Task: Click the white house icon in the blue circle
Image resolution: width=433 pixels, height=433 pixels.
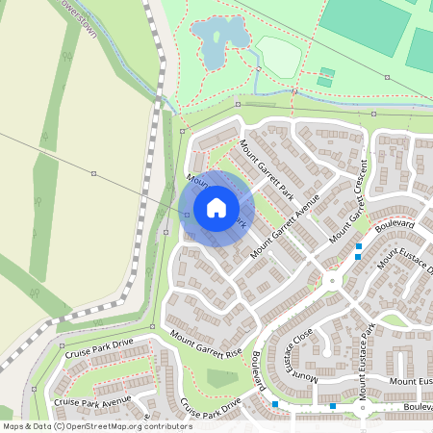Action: tap(216, 208)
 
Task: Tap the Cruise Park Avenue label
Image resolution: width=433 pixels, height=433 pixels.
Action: tap(92, 400)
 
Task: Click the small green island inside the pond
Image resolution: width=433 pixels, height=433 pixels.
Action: tap(216, 39)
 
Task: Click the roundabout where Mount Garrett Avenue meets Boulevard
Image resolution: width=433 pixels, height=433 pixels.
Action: tap(331, 281)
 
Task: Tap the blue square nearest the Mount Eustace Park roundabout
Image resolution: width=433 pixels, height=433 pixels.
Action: tap(333, 406)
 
